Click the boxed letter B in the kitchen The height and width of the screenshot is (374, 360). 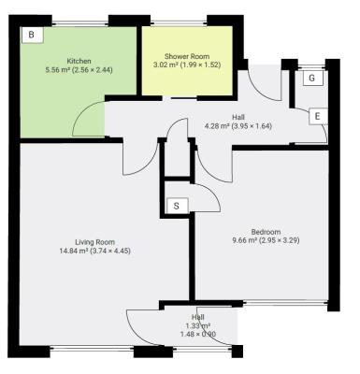(x=31, y=35)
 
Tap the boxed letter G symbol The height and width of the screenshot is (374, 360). (x=312, y=79)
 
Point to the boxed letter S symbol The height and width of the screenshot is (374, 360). (x=175, y=206)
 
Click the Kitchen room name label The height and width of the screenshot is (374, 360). (x=79, y=60)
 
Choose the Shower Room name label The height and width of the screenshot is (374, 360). (x=185, y=56)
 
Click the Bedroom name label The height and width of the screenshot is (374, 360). (x=266, y=232)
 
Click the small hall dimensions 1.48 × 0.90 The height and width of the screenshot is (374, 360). (x=198, y=334)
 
